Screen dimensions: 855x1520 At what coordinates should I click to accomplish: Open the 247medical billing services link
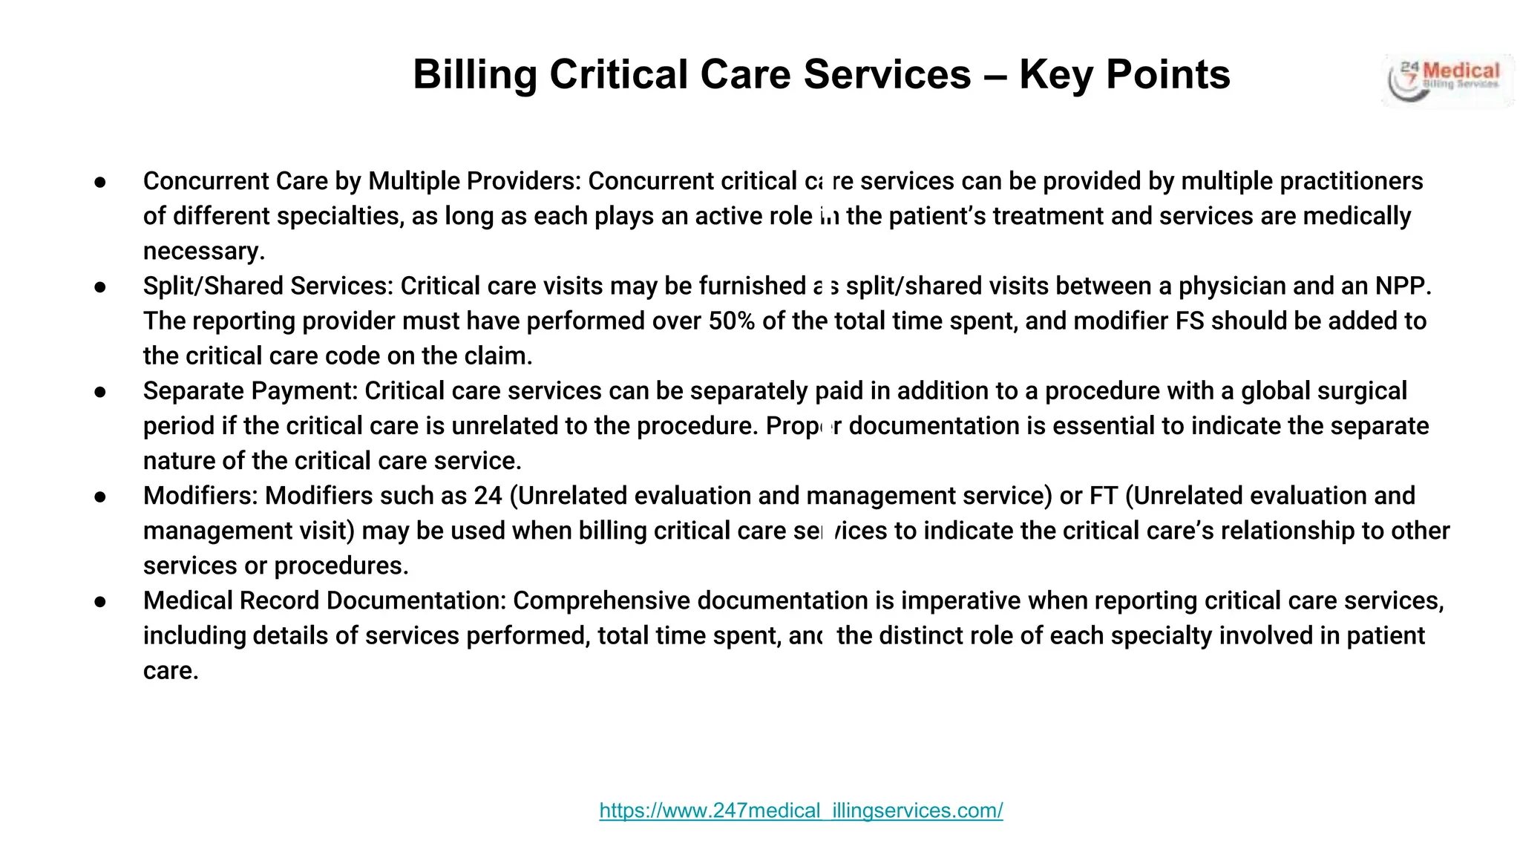(x=801, y=810)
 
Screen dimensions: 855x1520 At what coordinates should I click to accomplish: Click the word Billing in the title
(x=475, y=75)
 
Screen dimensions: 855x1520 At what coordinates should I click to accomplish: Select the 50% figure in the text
(x=731, y=321)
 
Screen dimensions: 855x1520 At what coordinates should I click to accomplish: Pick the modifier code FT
(x=1103, y=496)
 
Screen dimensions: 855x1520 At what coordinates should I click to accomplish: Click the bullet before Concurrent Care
(x=101, y=183)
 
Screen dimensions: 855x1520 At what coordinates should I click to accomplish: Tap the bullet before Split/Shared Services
(x=101, y=287)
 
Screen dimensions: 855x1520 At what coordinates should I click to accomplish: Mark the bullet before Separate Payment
(x=101, y=392)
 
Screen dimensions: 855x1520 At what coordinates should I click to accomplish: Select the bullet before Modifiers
(x=101, y=497)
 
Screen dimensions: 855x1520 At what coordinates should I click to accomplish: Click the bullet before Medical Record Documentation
(x=101, y=601)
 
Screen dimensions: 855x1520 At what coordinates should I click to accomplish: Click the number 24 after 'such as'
(x=488, y=496)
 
